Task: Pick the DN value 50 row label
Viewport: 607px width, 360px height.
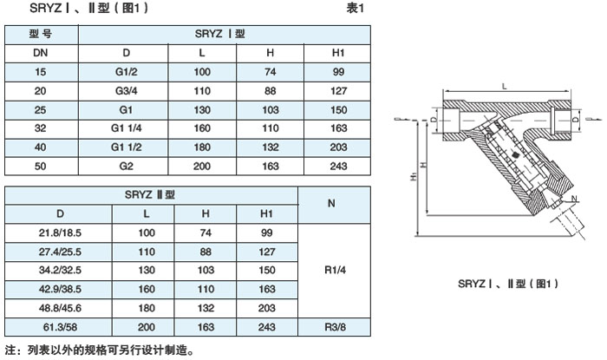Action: point(41,165)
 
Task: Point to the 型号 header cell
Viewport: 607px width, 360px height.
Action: point(41,35)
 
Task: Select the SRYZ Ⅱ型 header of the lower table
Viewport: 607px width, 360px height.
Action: point(152,194)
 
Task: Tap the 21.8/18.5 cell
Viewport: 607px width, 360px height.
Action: point(60,232)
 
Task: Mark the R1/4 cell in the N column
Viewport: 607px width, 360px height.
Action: point(331,269)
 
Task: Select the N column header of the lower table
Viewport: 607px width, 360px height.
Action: point(331,204)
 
